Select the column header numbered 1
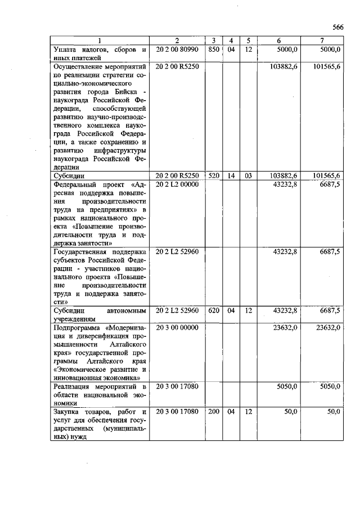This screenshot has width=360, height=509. (100, 41)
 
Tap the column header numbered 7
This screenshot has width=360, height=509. (321, 41)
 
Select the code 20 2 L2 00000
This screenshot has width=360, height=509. (177, 184)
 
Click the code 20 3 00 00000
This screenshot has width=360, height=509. (177, 327)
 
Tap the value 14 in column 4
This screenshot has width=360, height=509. (231, 176)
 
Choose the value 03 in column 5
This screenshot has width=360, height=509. (247, 176)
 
